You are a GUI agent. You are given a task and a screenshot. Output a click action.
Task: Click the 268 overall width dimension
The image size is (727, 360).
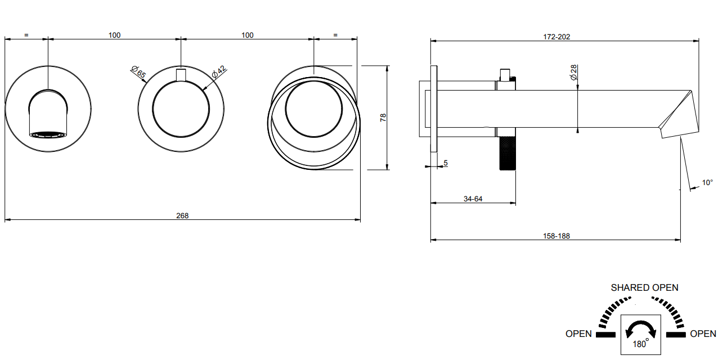pos(182,215)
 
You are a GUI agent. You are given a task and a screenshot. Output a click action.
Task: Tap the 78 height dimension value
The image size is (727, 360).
pos(383,118)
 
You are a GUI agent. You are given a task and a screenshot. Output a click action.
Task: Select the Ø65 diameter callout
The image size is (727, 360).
pos(138,72)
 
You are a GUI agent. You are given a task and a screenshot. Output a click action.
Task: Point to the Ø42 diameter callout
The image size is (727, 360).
pos(219,72)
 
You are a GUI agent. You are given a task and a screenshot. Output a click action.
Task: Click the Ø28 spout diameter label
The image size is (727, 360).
pos(573,73)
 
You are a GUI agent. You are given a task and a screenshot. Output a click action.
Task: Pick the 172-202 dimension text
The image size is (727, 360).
pos(557,37)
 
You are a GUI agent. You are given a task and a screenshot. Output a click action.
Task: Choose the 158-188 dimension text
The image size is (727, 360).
pos(557,236)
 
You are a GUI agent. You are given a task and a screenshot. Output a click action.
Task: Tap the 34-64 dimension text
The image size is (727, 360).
pos(473,199)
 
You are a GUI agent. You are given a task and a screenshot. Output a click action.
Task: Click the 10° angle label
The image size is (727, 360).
pos(707,183)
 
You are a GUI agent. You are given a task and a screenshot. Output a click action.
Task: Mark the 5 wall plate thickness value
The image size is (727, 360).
pos(446,163)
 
